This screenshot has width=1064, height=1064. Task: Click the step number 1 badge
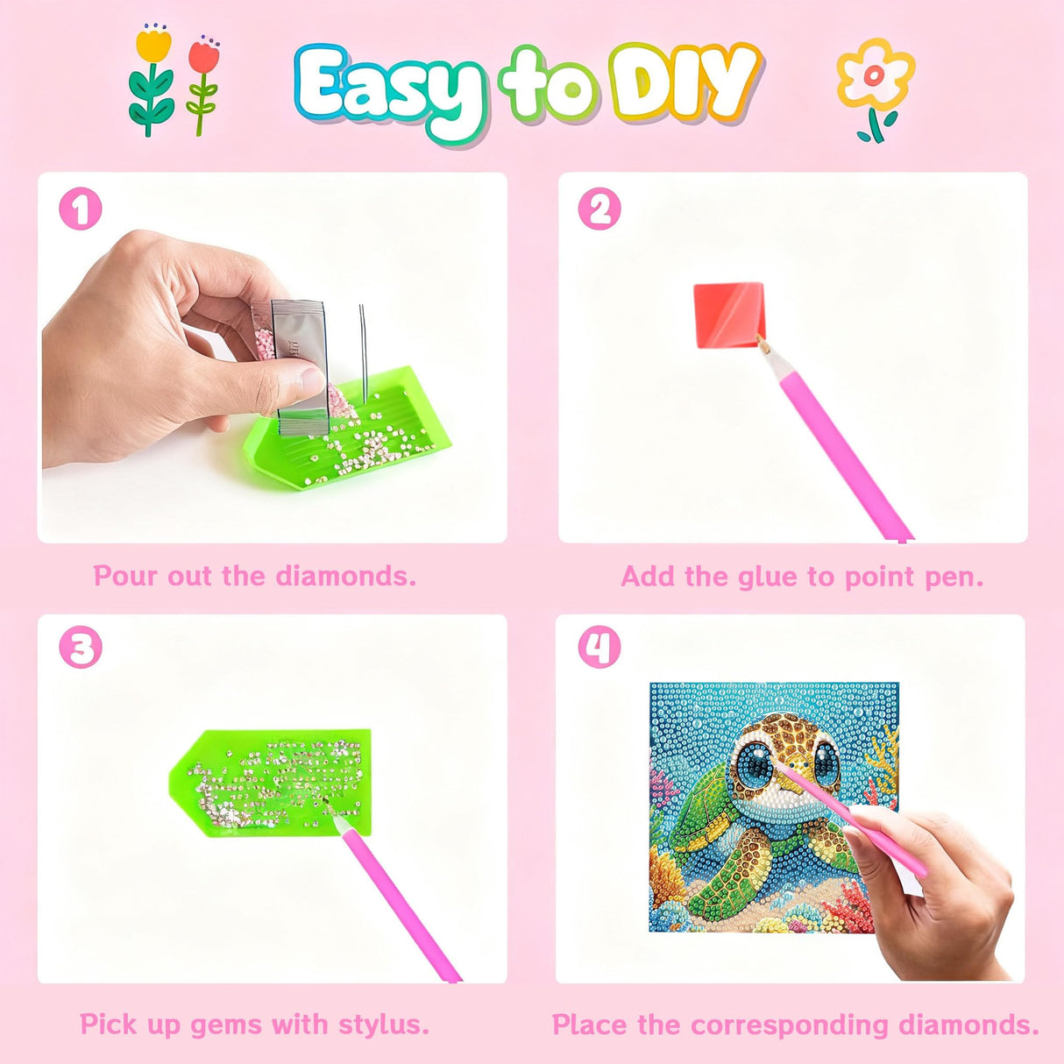coord(81,209)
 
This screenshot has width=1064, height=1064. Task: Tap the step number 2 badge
coord(599,209)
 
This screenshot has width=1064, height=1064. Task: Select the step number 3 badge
coord(81,649)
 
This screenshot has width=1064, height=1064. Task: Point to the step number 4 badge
coord(599,649)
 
